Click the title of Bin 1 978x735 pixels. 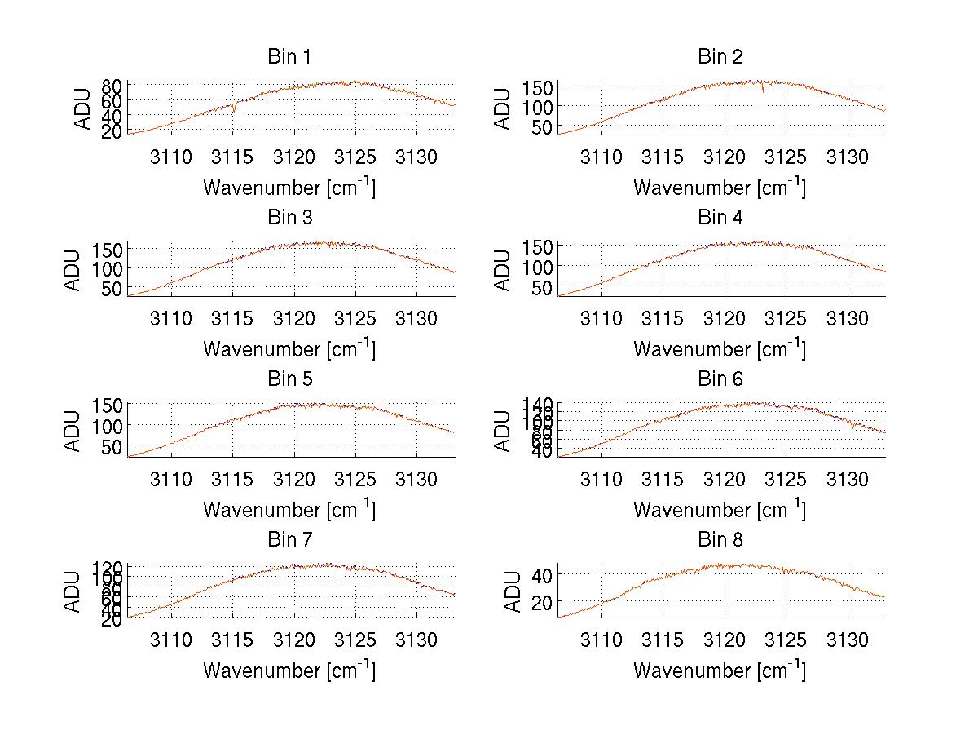(289, 57)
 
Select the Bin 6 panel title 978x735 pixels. (720, 379)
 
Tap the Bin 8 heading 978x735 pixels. (720, 540)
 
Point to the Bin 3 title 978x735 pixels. (289, 218)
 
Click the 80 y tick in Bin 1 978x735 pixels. (112, 85)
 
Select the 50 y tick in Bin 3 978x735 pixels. (112, 289)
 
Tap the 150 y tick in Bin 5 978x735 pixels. (108, 405)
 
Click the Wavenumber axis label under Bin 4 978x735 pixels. (720, 349)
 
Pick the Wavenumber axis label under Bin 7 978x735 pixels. (289, 671)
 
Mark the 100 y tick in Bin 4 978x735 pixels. (538, 267)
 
